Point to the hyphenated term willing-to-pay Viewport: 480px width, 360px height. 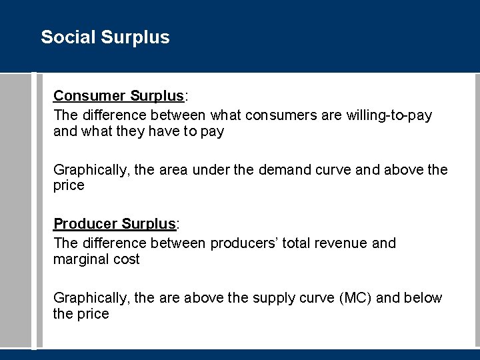pos(389,115)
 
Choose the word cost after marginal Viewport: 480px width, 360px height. pos(126,259)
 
